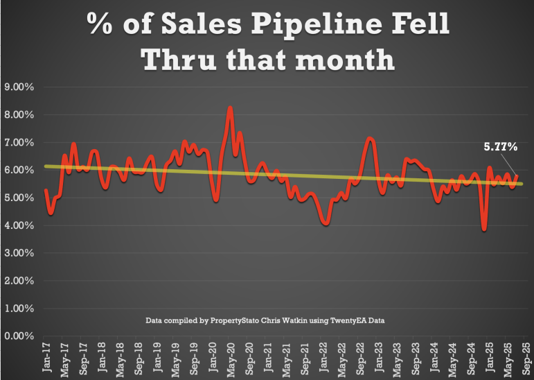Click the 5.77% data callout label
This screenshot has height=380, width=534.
[x=500, y=146]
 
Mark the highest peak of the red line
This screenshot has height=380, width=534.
[x=230, y=108]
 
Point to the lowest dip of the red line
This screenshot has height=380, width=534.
[x=484, y=229]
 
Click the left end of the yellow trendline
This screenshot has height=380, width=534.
[x=45, y=166]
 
